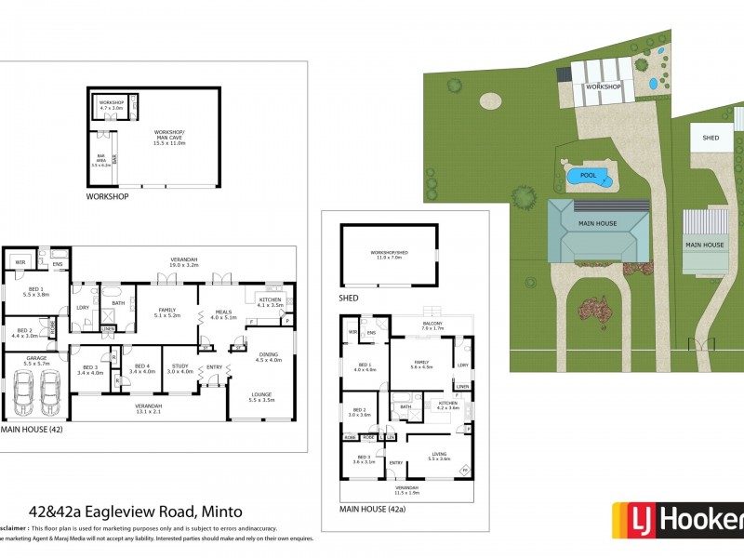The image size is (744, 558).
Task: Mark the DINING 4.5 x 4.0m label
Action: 269,357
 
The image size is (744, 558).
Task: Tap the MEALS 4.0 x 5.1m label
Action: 224,314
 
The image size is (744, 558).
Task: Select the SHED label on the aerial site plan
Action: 711,138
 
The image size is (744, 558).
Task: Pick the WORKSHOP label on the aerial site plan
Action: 604,86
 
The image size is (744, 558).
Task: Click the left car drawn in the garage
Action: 25,394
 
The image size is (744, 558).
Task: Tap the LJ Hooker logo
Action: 677,521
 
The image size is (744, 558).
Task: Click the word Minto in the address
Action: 219,511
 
